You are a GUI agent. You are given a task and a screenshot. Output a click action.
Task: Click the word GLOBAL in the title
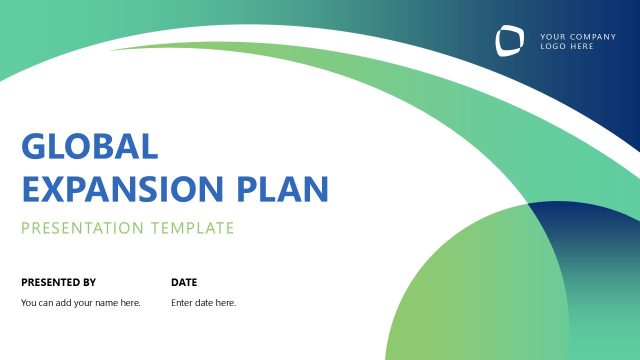tap(90, 147)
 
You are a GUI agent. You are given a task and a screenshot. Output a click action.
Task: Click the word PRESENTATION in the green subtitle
tap(82, 228)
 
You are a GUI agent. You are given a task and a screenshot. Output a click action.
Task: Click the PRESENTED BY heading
tap(58, 282)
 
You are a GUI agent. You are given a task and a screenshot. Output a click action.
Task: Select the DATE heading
tap(184, 282)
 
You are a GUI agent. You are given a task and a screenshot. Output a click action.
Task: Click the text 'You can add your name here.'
tap(81, 303)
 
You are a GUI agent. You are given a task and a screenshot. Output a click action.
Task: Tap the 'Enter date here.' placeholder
tap(204, 303)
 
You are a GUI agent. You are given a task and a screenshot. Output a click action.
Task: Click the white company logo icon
tap(509, 41)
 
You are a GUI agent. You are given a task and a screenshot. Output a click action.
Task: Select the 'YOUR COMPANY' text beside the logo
tap(578, 37)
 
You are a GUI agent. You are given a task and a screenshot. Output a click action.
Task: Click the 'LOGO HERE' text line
tap(566, 47)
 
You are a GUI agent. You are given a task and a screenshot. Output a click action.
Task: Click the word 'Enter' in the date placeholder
tap(181, 303)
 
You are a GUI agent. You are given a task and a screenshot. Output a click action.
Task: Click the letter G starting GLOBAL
tap(34, 147)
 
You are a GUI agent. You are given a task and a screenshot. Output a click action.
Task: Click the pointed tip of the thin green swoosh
tap(112, 47)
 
